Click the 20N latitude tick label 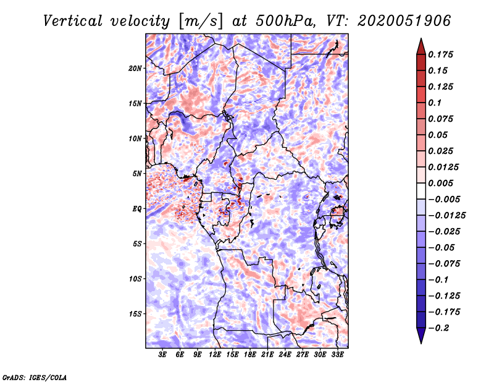click(x=135, y=68)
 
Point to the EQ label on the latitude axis click(x=136, y=209)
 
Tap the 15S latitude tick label click(x=135, y=314)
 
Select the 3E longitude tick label click(x=163, y=355)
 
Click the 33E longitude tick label click(x=338, y=355)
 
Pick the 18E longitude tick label click(x=250, y=355)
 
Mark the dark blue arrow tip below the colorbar click(x=420, y=338)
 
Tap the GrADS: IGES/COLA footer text click(x=34, y=376)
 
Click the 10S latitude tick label click(x=135, y=279)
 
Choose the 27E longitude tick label click(x=303, y=355)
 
